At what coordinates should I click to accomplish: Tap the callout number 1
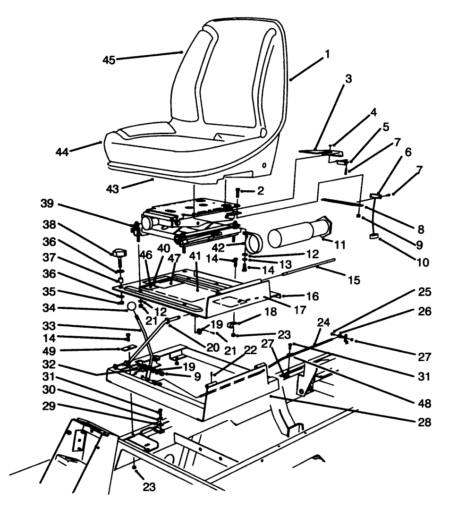tap(327, 54)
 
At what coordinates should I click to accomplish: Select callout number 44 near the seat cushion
tap(62, 152)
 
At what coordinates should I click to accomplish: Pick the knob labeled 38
tap(119, 254)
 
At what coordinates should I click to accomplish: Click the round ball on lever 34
tap(132, 306)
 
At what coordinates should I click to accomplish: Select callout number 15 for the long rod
tap(354, 280)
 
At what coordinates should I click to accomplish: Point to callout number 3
tap(348, 78)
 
